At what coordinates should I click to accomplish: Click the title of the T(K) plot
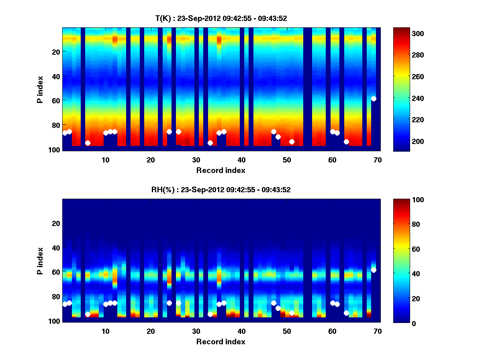tap(221, 18)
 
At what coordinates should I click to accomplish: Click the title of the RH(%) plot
tap(221, 189)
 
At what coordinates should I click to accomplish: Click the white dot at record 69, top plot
tap(374, 99)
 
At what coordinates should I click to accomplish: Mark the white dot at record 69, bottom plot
tap(374, 270)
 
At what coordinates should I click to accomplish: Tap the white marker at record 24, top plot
tap(169, 132)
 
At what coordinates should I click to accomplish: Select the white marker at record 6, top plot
tap(88, 143)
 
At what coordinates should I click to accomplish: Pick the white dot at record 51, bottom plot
tap(292, 313)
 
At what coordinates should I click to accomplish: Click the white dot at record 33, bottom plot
tap(210, 314)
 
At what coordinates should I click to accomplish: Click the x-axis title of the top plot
tap(221, 170)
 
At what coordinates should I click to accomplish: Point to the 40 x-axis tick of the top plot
tap(241, 160)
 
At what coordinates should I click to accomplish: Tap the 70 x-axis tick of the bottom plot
tap(378, 331)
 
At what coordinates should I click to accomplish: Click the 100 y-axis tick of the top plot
tap(55, 150)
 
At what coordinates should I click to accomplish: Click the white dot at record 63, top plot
tap(346, 142)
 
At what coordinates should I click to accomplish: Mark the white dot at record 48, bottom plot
tap(278, 308)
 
